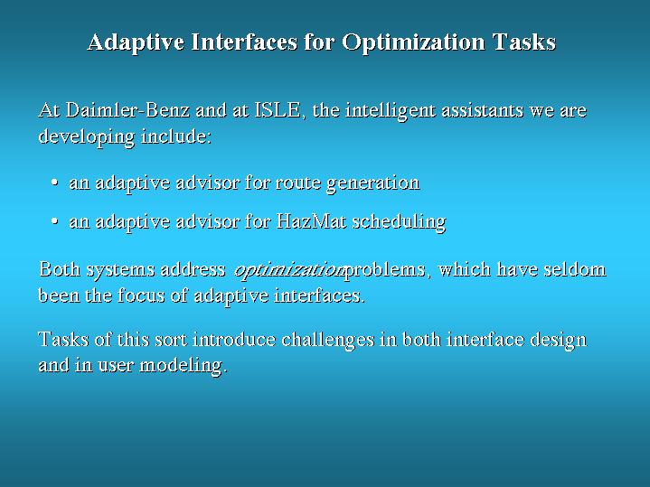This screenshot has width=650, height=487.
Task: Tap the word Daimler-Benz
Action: click(127, 110)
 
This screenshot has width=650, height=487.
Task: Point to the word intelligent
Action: click(391, 111)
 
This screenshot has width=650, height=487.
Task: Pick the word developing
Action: click(87, 136)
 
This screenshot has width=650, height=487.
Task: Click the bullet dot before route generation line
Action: click(54, 182)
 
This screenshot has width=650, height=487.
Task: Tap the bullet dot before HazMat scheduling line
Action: click(54, 220)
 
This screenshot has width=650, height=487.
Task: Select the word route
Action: click(298, 183)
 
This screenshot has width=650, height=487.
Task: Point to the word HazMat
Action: click(311, 220)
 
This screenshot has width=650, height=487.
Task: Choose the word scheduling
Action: click(400, 221)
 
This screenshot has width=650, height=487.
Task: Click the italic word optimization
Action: click(289, 270)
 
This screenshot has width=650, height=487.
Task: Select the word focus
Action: click(141, 295)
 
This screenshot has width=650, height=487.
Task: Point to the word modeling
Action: click(183, 366)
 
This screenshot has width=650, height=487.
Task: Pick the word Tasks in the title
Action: click(524, 42)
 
